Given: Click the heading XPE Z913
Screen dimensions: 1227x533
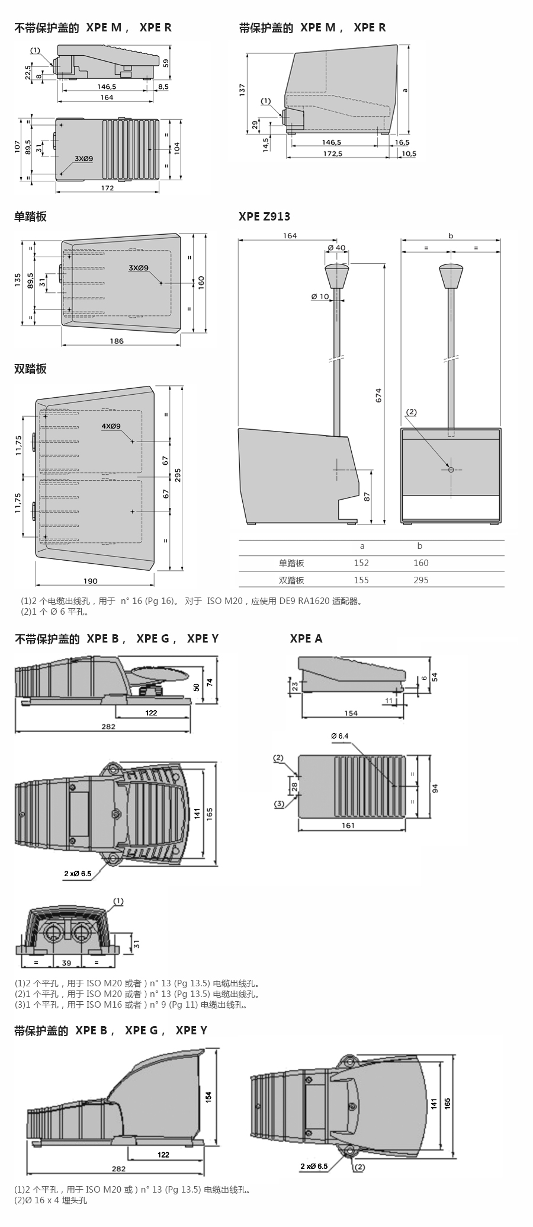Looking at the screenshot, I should click(x=264, y=216).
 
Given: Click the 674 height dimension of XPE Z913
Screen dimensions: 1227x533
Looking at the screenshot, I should click(x=378, y=395).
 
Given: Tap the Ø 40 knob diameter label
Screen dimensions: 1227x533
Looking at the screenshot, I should click(x=336, y=247).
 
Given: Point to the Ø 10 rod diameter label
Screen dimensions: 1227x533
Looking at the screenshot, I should click(x=320, y=296).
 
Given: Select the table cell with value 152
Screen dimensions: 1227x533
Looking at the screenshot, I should click(x=361, y=563).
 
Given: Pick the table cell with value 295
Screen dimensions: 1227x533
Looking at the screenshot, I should click(x=420, y=580).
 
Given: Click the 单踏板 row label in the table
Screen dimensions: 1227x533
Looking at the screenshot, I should click(x=291, y=563).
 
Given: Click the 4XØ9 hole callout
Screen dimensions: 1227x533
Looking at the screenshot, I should click(x=111, y=426).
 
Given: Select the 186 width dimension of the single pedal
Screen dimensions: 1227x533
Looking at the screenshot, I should click(x=117, y=341).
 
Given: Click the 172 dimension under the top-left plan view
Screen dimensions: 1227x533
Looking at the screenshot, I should click(x=107, y=188).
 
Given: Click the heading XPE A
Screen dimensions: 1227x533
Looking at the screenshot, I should click(x=306, y=638).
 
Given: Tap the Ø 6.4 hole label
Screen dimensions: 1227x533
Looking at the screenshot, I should click(x=340, y=736).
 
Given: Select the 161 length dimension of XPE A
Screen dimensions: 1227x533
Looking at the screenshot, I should click(x=348, y=825).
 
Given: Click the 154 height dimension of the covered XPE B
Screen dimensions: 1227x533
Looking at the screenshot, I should click(x=208, y=1097).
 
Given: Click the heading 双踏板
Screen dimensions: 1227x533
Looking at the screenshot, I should click(x=30, y=369).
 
